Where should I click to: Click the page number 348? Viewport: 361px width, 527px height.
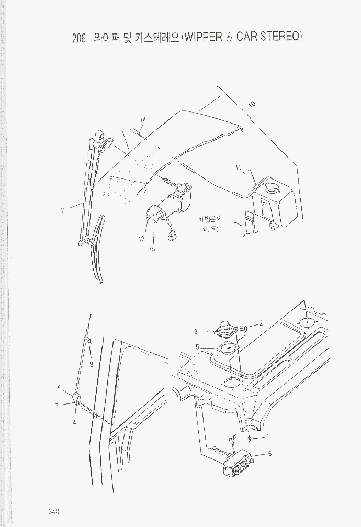(54, 511)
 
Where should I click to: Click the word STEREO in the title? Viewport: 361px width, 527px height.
(280, 36)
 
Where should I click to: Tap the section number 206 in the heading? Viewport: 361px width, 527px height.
(80, 39)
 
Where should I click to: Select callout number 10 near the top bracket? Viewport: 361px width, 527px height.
(252, 104)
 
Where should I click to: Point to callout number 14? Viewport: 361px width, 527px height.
(143, 120)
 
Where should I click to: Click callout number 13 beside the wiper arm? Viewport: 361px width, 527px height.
(63, 210)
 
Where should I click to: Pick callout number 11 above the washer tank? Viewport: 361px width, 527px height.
(239, 167)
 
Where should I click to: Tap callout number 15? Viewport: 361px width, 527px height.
(152, 249)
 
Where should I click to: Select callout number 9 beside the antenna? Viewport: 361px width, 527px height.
(92, 364)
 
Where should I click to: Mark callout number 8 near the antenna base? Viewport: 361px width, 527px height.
(59, 388)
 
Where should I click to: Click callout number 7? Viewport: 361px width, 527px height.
(57, 406)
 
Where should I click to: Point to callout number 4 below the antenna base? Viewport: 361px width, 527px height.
(74, 423)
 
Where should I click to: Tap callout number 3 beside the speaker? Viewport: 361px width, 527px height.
(196, 332)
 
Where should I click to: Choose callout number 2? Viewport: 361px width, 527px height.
(261, 323)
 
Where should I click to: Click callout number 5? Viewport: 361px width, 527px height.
(197, 347)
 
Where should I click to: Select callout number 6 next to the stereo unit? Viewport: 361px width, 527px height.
(269, 454)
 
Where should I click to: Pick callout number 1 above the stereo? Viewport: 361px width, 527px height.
(267, 437)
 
